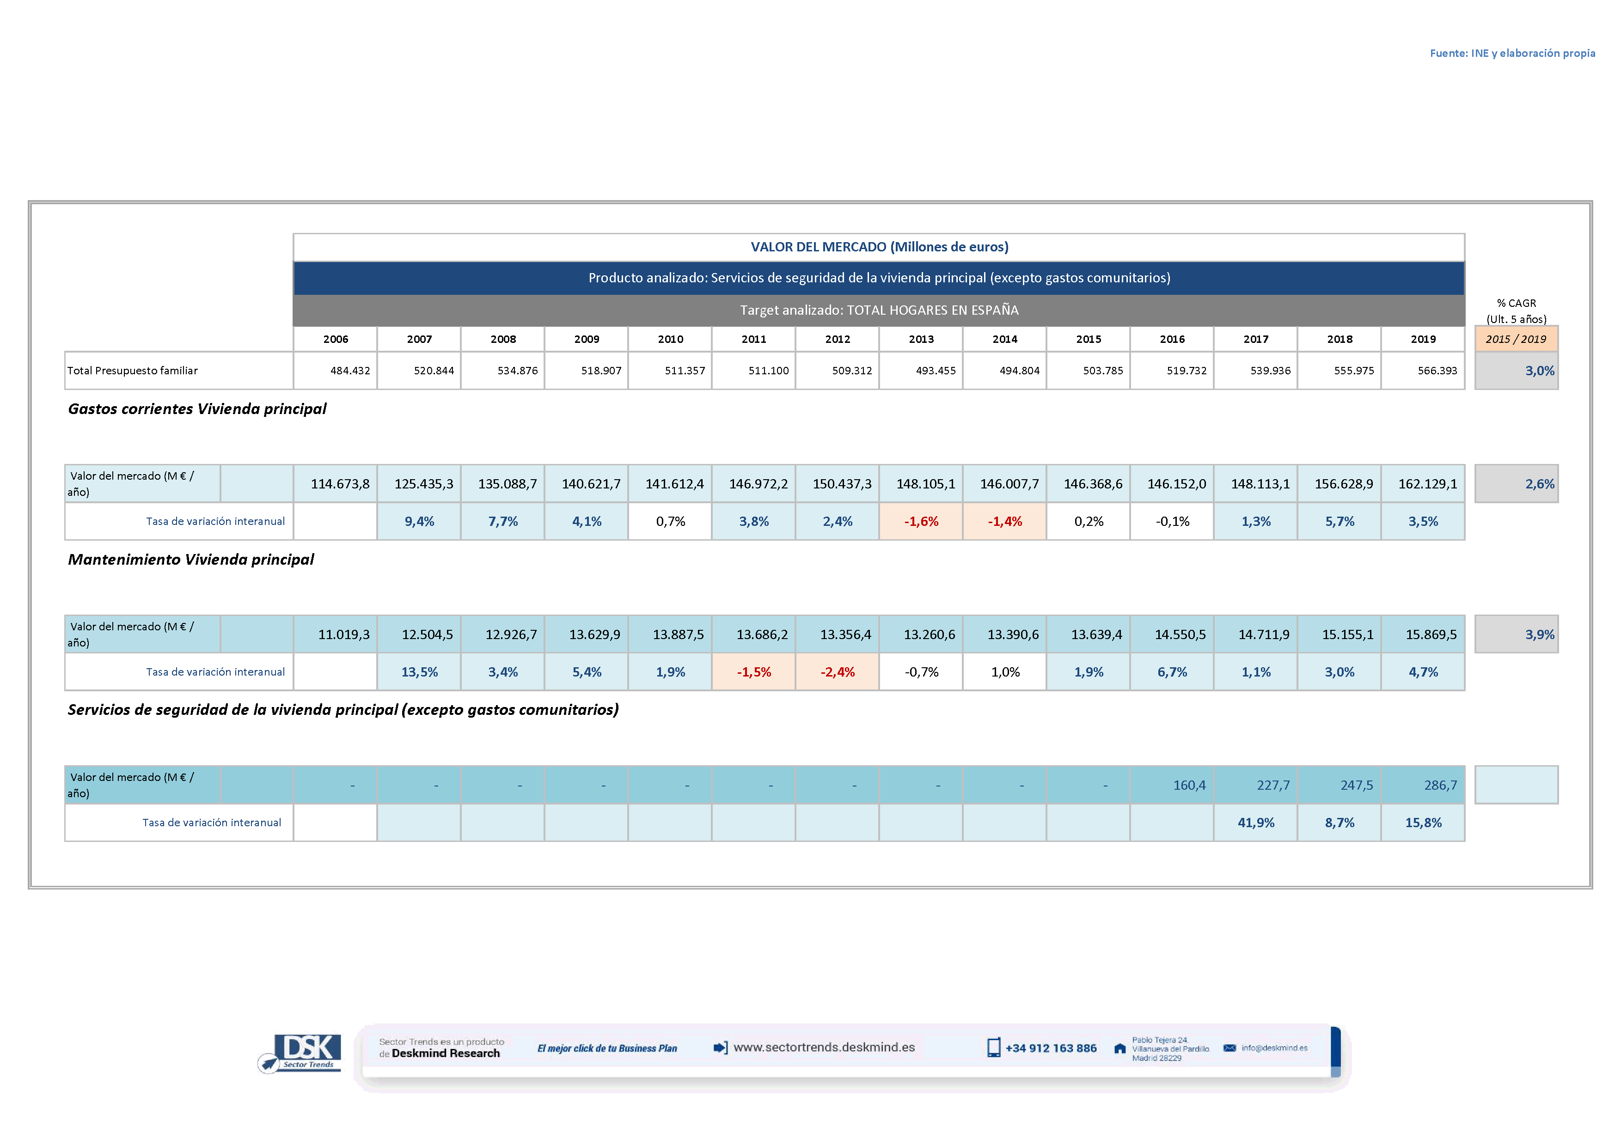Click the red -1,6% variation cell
(x=921, y=522)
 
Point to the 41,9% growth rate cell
(x=1255, y=823)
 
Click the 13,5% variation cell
(x=419, y=672)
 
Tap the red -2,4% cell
(x=838, y=672)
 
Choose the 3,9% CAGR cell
(x=1539, y=634)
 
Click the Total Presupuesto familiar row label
(x=133, y=371)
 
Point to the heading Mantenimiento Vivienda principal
(x=190, y=560)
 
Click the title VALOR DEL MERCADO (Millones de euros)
(x=879, y=247)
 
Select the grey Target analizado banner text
(x=879, y=310)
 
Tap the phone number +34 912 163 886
(x=1051, y=1048)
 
